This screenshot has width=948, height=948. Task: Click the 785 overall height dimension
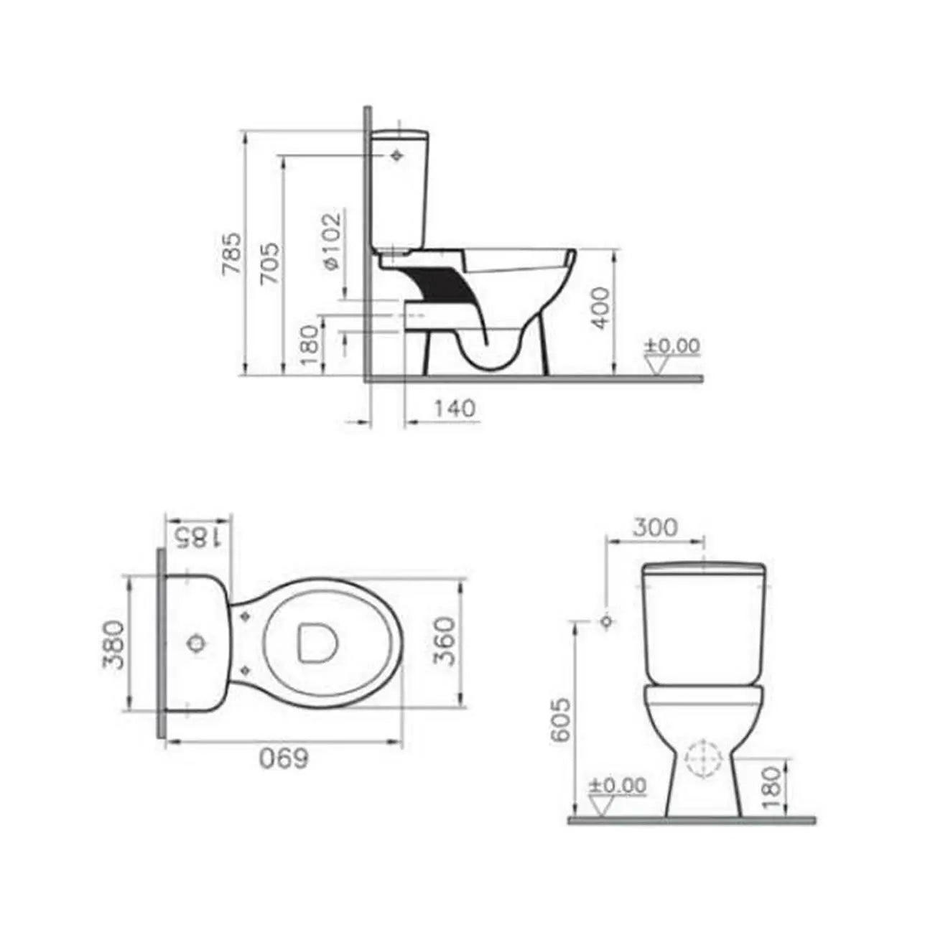(232, 254)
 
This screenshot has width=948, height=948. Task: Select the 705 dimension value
(270, 264)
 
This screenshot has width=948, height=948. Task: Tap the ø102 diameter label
(330, 241)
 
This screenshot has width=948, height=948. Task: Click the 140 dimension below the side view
(455, 408)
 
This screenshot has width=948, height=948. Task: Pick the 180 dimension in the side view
(309, 345)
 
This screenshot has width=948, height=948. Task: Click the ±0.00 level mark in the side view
(671, 346)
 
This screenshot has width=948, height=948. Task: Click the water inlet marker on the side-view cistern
(396, 155)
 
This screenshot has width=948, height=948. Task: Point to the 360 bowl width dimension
(445, 641)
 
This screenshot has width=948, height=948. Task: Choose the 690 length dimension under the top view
(284, 758)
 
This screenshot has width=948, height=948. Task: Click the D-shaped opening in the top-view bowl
(315, 641)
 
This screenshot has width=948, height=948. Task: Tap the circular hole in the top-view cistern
(195, 643)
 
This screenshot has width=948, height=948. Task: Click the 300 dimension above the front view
(654, 527)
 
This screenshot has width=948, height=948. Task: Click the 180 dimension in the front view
(769, 788)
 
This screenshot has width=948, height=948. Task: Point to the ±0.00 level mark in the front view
(617, 785)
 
